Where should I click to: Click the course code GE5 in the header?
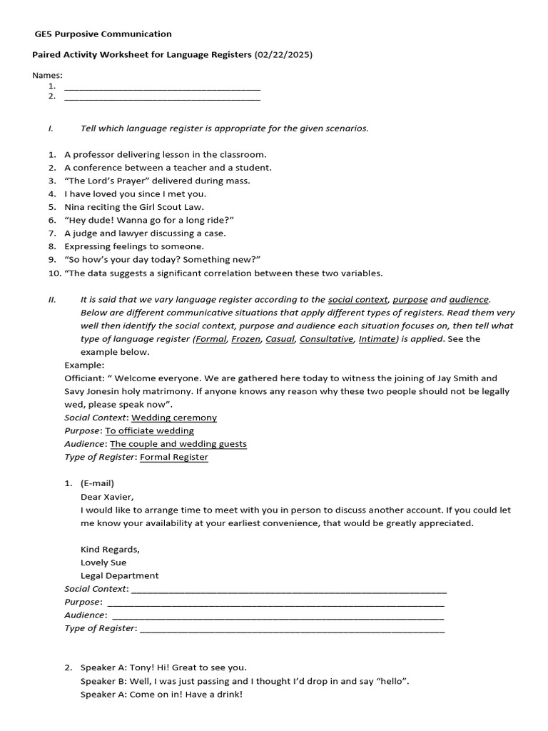[44, 34]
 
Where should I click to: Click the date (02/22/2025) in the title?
[283, 55]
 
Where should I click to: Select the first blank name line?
[162, 88]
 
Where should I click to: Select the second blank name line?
[162, 97]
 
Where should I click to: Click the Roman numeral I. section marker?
[51, 128]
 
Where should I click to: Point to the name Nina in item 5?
[75, 207]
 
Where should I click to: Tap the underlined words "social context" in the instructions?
[357, 300]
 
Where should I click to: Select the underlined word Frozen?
[246, 339]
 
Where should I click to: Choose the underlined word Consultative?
[326, 339]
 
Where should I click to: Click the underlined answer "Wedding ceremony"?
[174, 418]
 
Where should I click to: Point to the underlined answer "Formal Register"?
[174, 457]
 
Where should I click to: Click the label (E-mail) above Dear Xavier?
[97, 483]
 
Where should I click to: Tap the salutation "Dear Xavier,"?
[107, 497]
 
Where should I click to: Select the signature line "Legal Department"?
[120, 575]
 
